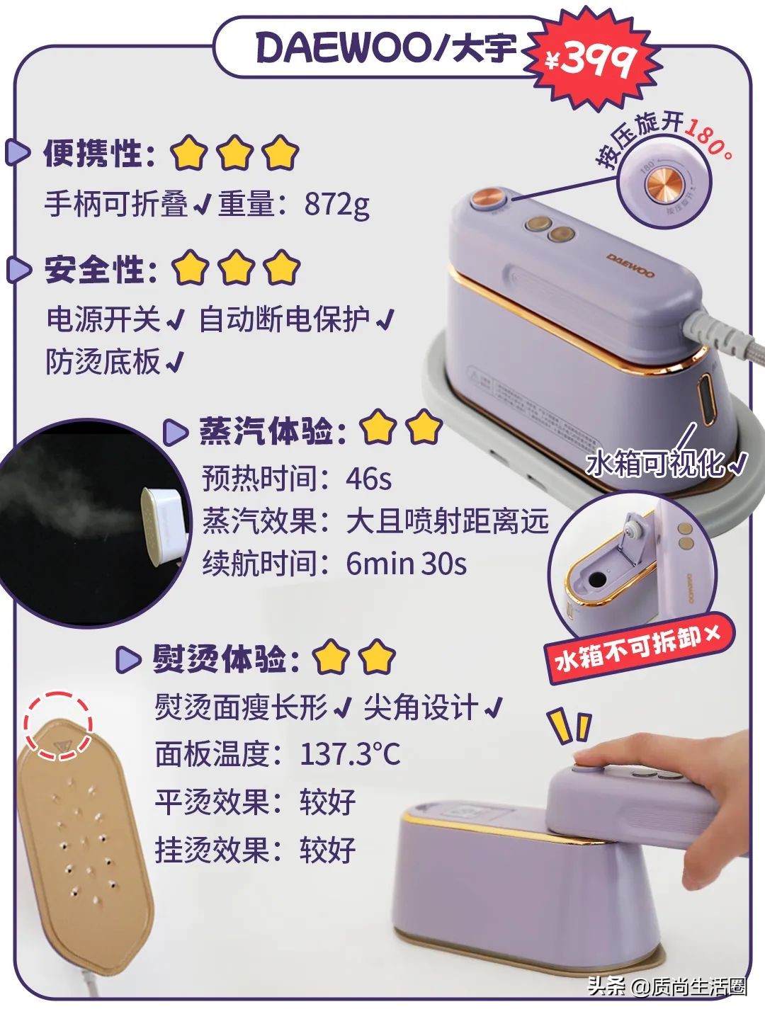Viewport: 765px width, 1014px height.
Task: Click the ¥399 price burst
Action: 592,59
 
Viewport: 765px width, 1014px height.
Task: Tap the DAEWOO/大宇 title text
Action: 386,48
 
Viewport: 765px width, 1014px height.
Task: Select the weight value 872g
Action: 337,204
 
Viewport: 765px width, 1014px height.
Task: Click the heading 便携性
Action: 98,153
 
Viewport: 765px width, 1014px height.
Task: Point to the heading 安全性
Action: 100,269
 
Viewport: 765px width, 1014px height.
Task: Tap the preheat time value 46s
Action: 368,479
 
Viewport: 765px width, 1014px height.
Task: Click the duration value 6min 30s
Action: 406,564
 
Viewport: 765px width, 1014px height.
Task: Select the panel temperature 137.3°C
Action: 350,753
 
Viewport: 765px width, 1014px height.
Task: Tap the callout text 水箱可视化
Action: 655,464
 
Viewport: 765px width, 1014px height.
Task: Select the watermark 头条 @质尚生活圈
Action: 667,986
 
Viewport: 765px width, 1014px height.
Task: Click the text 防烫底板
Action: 103,362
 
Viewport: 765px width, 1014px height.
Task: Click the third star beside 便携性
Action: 280,153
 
